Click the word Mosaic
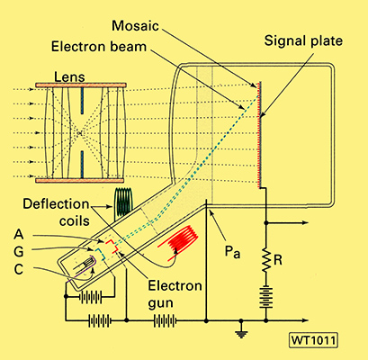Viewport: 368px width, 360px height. tap(135, 26)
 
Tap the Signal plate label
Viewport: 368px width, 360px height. tap(303, 41)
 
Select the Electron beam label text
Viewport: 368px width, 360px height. tap(99, 47)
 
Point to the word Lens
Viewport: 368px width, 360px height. tap(69, 77)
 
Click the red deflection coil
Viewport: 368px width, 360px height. tap(178, 240)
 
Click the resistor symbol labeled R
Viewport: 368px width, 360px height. tap(265, 260)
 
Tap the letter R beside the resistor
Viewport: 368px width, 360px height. tap(278, 260)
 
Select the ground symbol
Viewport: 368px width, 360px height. tap(241, 331)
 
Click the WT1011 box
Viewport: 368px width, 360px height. tap(313, 340)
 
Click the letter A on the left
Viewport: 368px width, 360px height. tap(19, 234)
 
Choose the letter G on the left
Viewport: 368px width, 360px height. tap(19, 251)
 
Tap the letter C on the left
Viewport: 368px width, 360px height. tap(19, 269)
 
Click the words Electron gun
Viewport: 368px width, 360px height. tap(175, 294)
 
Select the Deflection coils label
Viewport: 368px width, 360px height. tap(57, 212)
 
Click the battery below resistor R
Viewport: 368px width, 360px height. tap(266, 297)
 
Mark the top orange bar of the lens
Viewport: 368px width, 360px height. tap(81, 85)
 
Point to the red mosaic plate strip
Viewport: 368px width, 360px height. tap(258, 134)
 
